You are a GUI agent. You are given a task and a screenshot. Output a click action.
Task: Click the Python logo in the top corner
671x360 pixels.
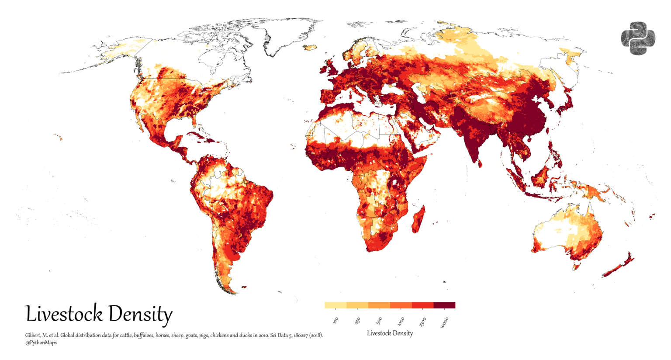[638, 38]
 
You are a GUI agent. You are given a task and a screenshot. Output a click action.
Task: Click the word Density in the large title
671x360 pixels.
[140, 314]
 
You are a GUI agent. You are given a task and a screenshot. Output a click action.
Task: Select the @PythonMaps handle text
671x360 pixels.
[41, 343]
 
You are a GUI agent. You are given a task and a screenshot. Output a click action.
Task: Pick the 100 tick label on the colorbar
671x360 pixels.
[335, 320]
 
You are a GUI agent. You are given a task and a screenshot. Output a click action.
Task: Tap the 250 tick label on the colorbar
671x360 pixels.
[357, 320]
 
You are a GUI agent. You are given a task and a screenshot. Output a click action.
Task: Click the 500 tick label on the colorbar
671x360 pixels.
[379, 320]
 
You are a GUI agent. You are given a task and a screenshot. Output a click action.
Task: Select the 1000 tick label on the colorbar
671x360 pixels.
[401, 322]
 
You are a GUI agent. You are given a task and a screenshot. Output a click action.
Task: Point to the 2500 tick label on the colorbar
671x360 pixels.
[422, 322]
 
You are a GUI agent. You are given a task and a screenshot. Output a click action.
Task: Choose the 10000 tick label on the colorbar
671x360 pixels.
[444, 322]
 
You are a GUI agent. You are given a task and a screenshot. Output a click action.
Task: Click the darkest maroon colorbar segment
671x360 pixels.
[444, 305]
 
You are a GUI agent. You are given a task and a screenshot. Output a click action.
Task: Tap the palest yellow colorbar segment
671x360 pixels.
[335, 305]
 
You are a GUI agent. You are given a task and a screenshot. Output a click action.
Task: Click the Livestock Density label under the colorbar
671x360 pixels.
[390, 333]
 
